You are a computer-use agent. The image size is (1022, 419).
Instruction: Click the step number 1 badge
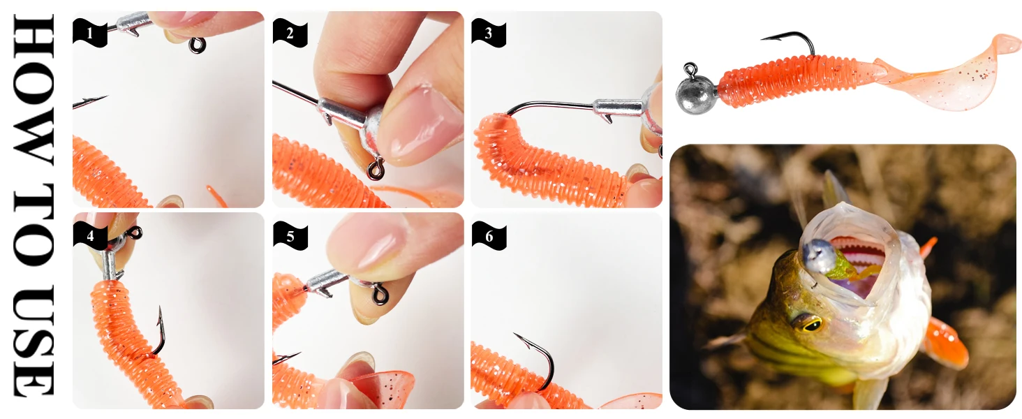click(90, 33)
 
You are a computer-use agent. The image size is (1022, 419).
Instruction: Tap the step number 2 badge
click(290, 33)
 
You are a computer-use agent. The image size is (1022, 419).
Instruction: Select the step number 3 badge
click(489, 33)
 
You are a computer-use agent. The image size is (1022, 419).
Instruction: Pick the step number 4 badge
click(90, 236)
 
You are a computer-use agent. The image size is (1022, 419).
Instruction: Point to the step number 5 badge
click(290, 236)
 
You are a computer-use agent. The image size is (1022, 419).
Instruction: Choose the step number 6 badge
click(489, 236)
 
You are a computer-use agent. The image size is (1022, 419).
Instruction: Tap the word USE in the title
click(34, 340)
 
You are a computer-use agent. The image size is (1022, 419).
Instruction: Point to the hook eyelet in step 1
click(197, 45)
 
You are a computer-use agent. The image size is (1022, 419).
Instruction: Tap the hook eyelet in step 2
click(376, 169)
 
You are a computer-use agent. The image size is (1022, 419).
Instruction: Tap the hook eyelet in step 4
click(134, 233)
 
